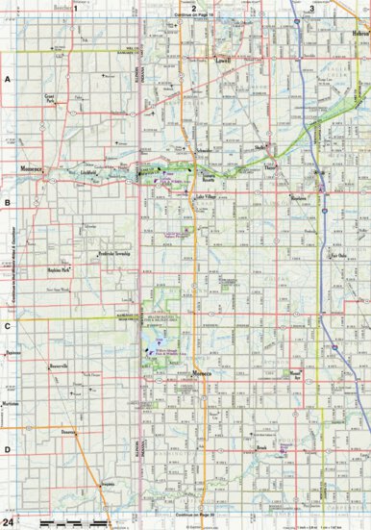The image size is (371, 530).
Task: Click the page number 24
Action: (10, 520)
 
